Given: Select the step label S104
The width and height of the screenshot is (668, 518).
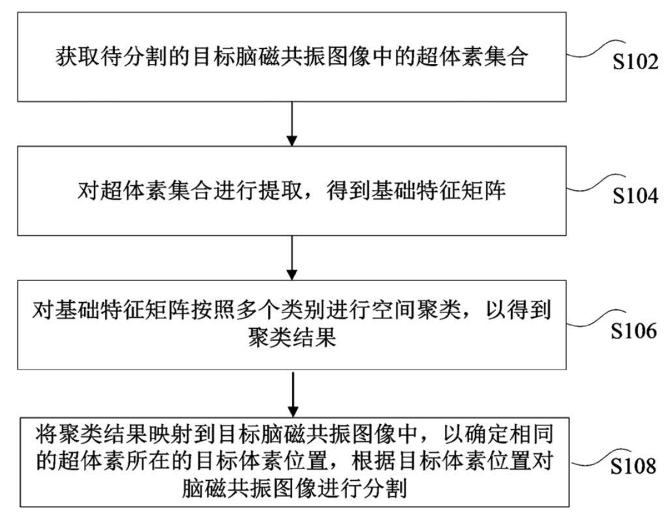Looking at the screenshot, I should coord(634,196).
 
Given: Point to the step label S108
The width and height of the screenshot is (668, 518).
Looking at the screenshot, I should coord(633,466).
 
